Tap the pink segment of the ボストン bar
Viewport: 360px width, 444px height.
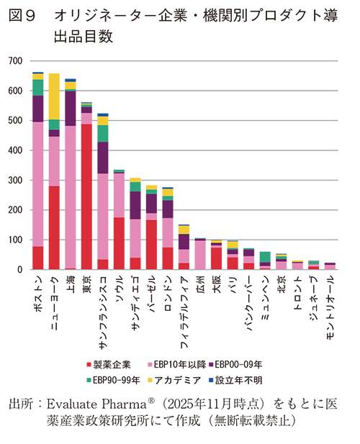38,184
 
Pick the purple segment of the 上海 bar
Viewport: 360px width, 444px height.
71,108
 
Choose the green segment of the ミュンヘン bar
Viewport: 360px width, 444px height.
265,257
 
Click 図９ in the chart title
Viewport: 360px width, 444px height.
25,16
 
